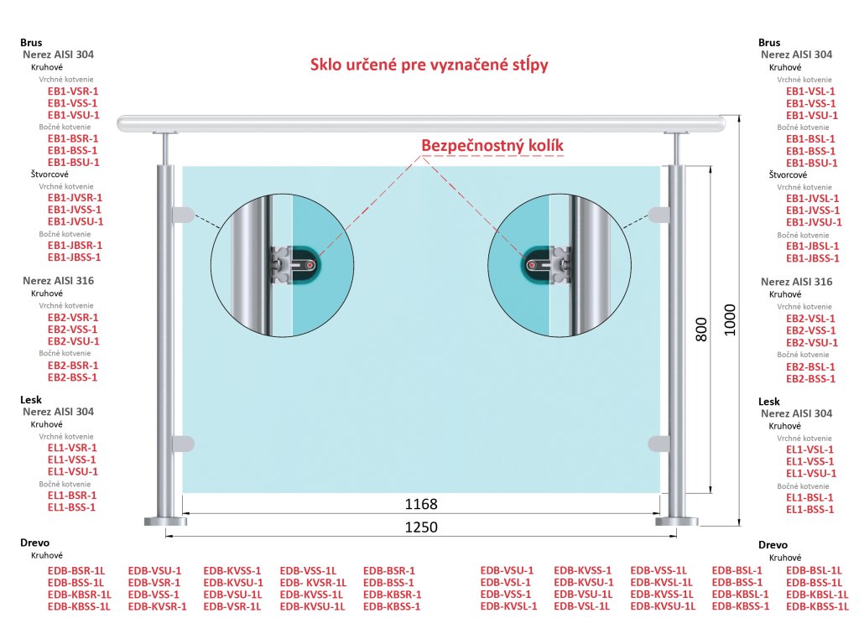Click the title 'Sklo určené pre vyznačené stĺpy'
click(429, 65)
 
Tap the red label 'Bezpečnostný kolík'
click(492, 146)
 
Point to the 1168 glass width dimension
click(421, 505)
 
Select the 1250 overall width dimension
click(421, 527)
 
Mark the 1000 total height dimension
click(730, 319)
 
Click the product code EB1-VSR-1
click(73, 91)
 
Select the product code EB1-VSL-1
click(810, 91)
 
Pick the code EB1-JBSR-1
click(75, 246)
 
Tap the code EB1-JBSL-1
click(812, 246)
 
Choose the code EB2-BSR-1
click(73, 366)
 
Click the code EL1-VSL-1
click(810, 449)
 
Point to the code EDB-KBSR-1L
click(79, 595)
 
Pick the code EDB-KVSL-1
click(508, 606)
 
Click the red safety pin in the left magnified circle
click(311, 264)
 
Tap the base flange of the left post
click(165, 521)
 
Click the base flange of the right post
click(676, 521)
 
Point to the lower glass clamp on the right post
click(659, 442)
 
